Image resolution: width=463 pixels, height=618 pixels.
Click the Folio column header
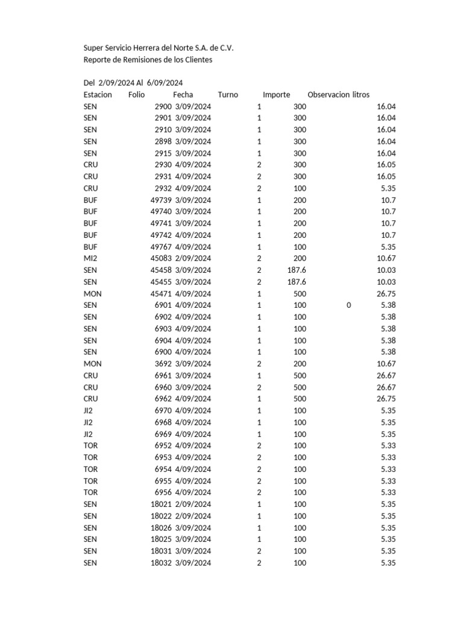pos(136,95)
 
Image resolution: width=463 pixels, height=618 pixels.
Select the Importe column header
pos(276,95)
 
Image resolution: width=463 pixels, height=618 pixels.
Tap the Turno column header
pos(228,95)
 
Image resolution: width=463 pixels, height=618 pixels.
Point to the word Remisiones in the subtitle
pos(140,60)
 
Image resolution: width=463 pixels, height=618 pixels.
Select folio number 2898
pos(163,141)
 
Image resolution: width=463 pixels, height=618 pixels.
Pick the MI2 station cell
pos(90,258)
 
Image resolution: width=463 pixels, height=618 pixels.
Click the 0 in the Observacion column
pos(348,305)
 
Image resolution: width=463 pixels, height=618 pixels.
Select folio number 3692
pos(163,364)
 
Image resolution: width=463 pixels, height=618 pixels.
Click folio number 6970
pos(163,410)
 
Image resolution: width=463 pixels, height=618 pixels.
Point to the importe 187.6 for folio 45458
pos(297,270)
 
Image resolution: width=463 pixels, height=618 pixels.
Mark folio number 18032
pos(161,563)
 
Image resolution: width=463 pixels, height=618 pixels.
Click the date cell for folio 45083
pos(193,258)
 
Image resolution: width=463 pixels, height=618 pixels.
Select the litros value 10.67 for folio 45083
pos(386,258)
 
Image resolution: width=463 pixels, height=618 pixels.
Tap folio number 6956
pos(163,492)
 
